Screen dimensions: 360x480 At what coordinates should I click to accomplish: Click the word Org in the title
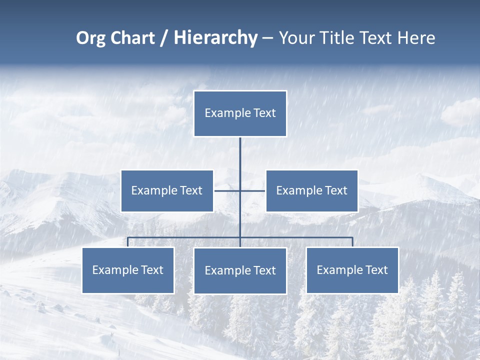tap(91, 38)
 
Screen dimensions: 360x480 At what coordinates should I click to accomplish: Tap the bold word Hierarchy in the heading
tap(215, 38)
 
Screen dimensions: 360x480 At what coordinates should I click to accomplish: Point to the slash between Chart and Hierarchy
tap(164, 38)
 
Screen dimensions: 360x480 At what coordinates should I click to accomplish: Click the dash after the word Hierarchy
tap(267, 38)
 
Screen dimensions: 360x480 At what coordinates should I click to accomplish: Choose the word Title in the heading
tap(336, 38)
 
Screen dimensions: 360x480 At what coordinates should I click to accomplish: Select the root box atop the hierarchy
tap(240, 113)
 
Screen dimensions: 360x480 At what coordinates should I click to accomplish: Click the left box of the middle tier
tap(167, 191)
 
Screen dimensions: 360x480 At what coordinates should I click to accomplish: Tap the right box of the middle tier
tap(311, 191)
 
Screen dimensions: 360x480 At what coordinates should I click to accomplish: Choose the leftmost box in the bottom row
tap(128, 270)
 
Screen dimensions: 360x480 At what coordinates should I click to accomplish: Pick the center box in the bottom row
tap(240, 271)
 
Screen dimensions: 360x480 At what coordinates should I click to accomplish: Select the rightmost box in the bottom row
tap(352, 270)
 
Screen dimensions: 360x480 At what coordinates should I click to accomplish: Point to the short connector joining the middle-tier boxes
tap(227, 190)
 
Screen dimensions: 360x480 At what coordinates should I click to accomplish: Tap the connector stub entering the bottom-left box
tap(128, 242)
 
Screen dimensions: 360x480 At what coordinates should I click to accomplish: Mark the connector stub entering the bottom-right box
tap(352, 242)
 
